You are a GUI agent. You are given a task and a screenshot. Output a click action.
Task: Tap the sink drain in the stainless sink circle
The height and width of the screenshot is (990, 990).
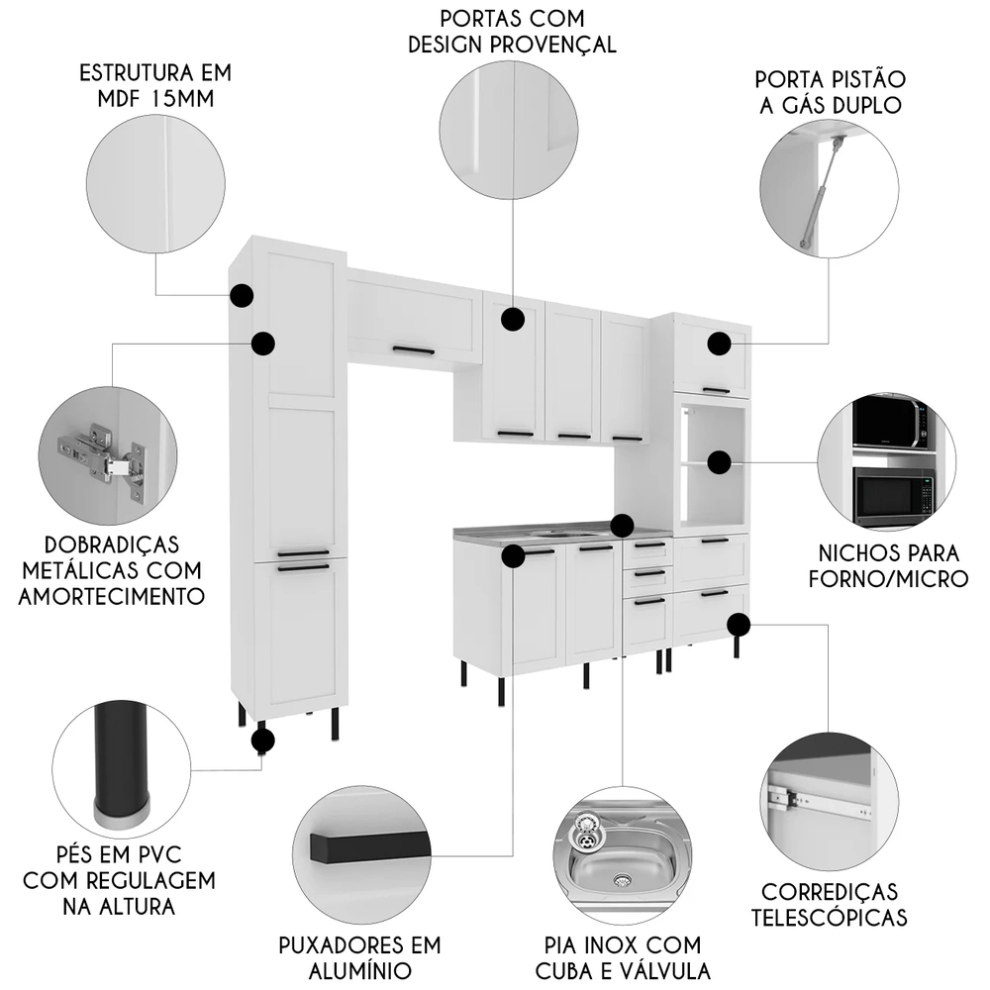click(622, 878)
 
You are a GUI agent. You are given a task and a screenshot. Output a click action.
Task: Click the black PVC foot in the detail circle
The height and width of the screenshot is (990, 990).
click(122, 762)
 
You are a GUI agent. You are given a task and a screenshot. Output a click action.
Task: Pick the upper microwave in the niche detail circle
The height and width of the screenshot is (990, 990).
click(889, 424)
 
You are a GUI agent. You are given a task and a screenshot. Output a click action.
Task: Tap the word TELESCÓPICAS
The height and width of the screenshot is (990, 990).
click(830, 917)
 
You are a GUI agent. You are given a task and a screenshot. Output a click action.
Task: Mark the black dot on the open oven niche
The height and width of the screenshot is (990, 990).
click(719, 461)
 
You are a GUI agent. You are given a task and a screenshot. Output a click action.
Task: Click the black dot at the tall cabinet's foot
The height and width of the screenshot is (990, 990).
click(262, 739)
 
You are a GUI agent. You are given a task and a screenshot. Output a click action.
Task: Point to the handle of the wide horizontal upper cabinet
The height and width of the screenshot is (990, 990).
click(413, 350)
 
